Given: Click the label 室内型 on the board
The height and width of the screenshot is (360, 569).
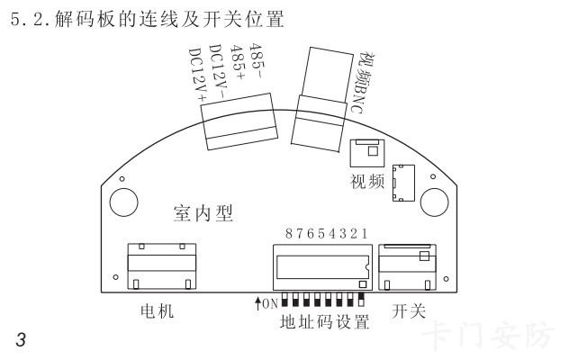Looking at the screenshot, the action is pyautogui.click(x=203, y=213).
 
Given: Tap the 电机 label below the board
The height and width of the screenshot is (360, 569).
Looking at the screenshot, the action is pyautogui.click(x=158, y=312).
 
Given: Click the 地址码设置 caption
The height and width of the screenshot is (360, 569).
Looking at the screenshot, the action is pyautogui.click(x=324, y=321).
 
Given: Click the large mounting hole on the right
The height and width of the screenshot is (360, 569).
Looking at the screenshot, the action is pyautogui.click(x=434, y=200).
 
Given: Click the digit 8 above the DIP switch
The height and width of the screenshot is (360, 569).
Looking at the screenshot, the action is pyautogui.click(x=289, y=234).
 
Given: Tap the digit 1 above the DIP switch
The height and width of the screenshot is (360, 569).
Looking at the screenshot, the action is pyautogui.click(x=365, y=234).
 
